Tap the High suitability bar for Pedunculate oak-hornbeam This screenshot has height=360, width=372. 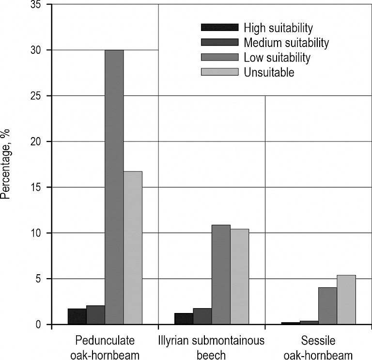point(77,316)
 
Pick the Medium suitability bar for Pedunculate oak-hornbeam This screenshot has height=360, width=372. point(95,315)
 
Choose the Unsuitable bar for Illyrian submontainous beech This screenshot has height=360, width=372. point(239,277)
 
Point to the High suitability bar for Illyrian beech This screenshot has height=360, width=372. point(184,319)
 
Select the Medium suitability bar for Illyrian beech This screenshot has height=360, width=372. point(202,316)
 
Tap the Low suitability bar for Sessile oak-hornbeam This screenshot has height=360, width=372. point(327,306)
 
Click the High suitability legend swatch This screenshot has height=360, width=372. point(220,27)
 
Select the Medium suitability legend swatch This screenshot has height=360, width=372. point(220,42)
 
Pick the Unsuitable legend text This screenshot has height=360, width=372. point(269,73)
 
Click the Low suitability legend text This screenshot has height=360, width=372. point(277,58)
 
